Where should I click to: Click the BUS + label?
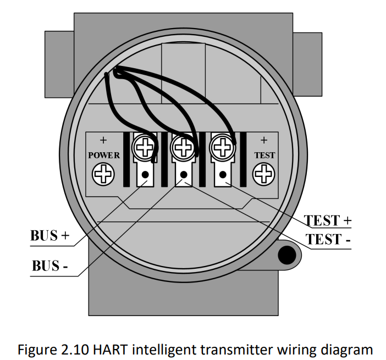pyautogui.click(x=49, y=236)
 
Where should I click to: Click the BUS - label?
pyautogui.click(x=49, y=266)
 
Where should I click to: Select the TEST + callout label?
pyautogui.click(x=328, y=220)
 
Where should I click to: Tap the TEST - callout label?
pyautogui.click(x=328, y=240)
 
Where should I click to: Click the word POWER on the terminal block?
pyautogui.click(x=104, y=156)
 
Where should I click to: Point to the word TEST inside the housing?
pyautogui.click(x=264, y=156)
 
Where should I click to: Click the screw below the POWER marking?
pyautogui.click(x=103, y=175)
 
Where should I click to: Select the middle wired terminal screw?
pyautogui.click(x=182, y=147)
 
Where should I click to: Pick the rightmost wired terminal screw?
pyautogui.click(x=222, y=147)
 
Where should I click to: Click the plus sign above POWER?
pyautogui.click(x=103, y=141)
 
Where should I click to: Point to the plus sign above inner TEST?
pyautogui.click(x=264, y=141)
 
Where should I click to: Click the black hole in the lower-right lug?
pyautogui.click(x=286, y=254)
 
